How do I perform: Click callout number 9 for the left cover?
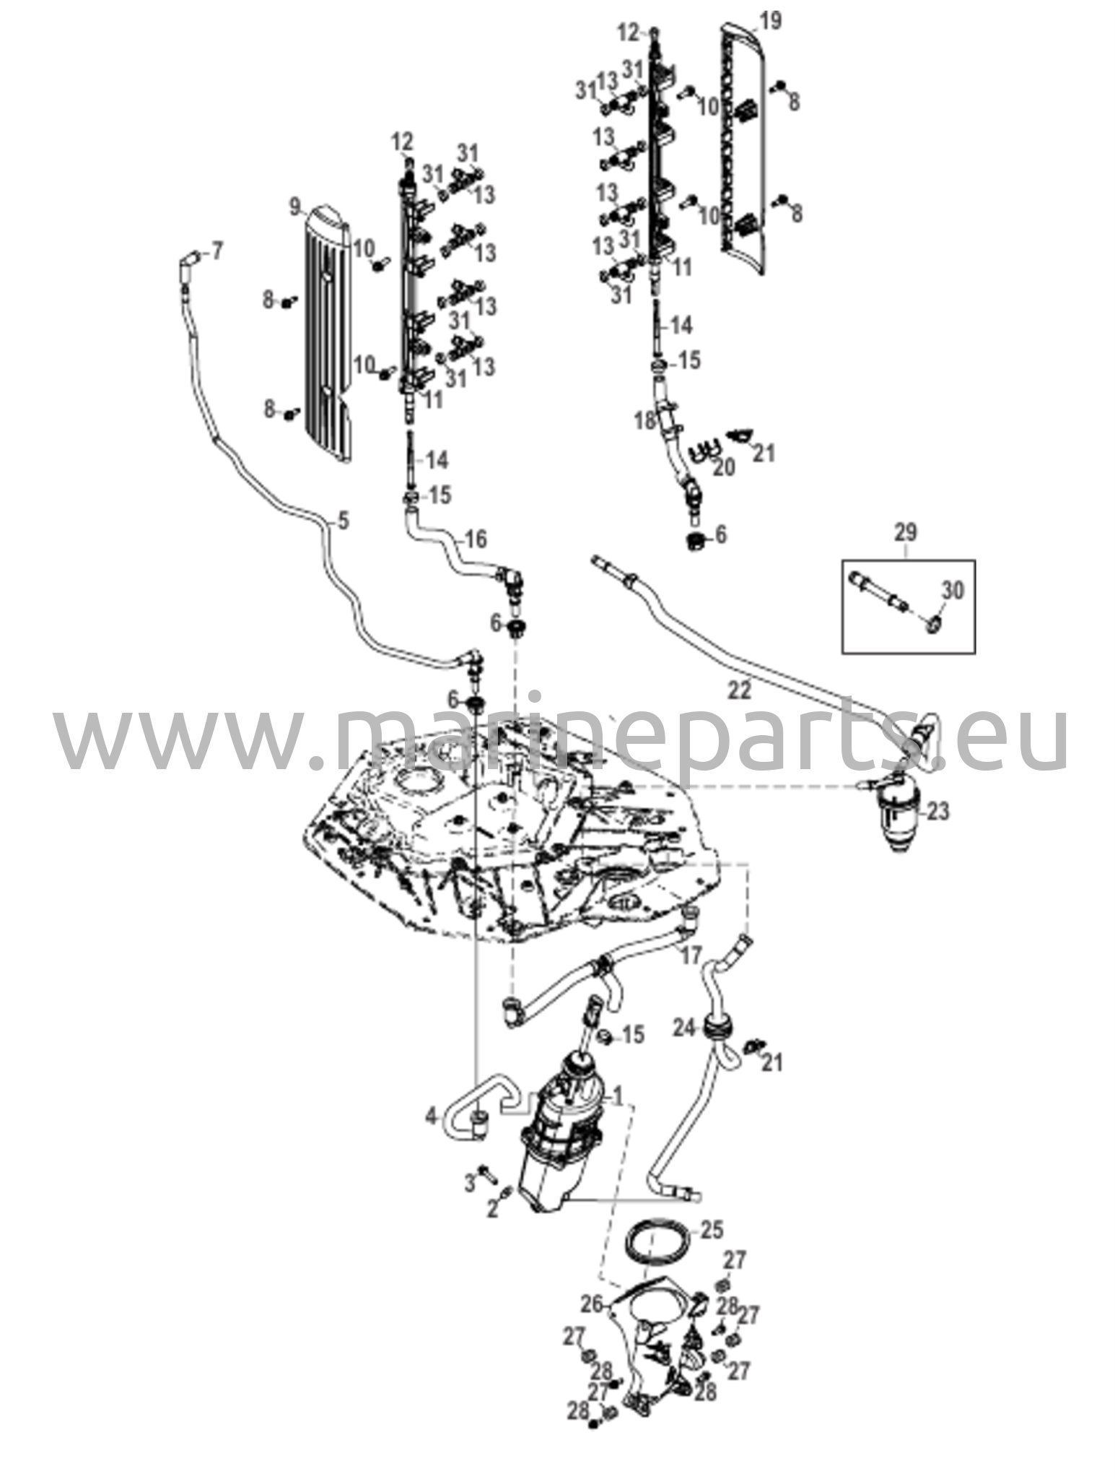coord(295,208)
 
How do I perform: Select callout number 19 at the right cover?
coord(771,21)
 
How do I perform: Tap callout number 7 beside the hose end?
coord(217,251)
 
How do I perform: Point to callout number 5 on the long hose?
coord(343,520)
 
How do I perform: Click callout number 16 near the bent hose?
coord(476,539)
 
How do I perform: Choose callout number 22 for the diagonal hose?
coord(740,690)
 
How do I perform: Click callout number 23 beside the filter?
coord(938,811)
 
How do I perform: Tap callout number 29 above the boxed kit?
coord(906,533)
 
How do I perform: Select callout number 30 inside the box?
coord(953,591)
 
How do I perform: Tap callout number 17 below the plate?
coord(691,956)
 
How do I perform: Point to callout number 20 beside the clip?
coord(724,468)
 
